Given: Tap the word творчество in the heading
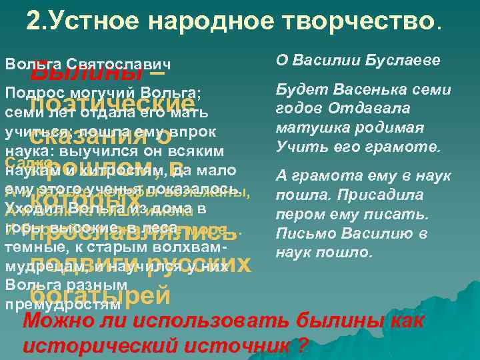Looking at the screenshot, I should point(369,22).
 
